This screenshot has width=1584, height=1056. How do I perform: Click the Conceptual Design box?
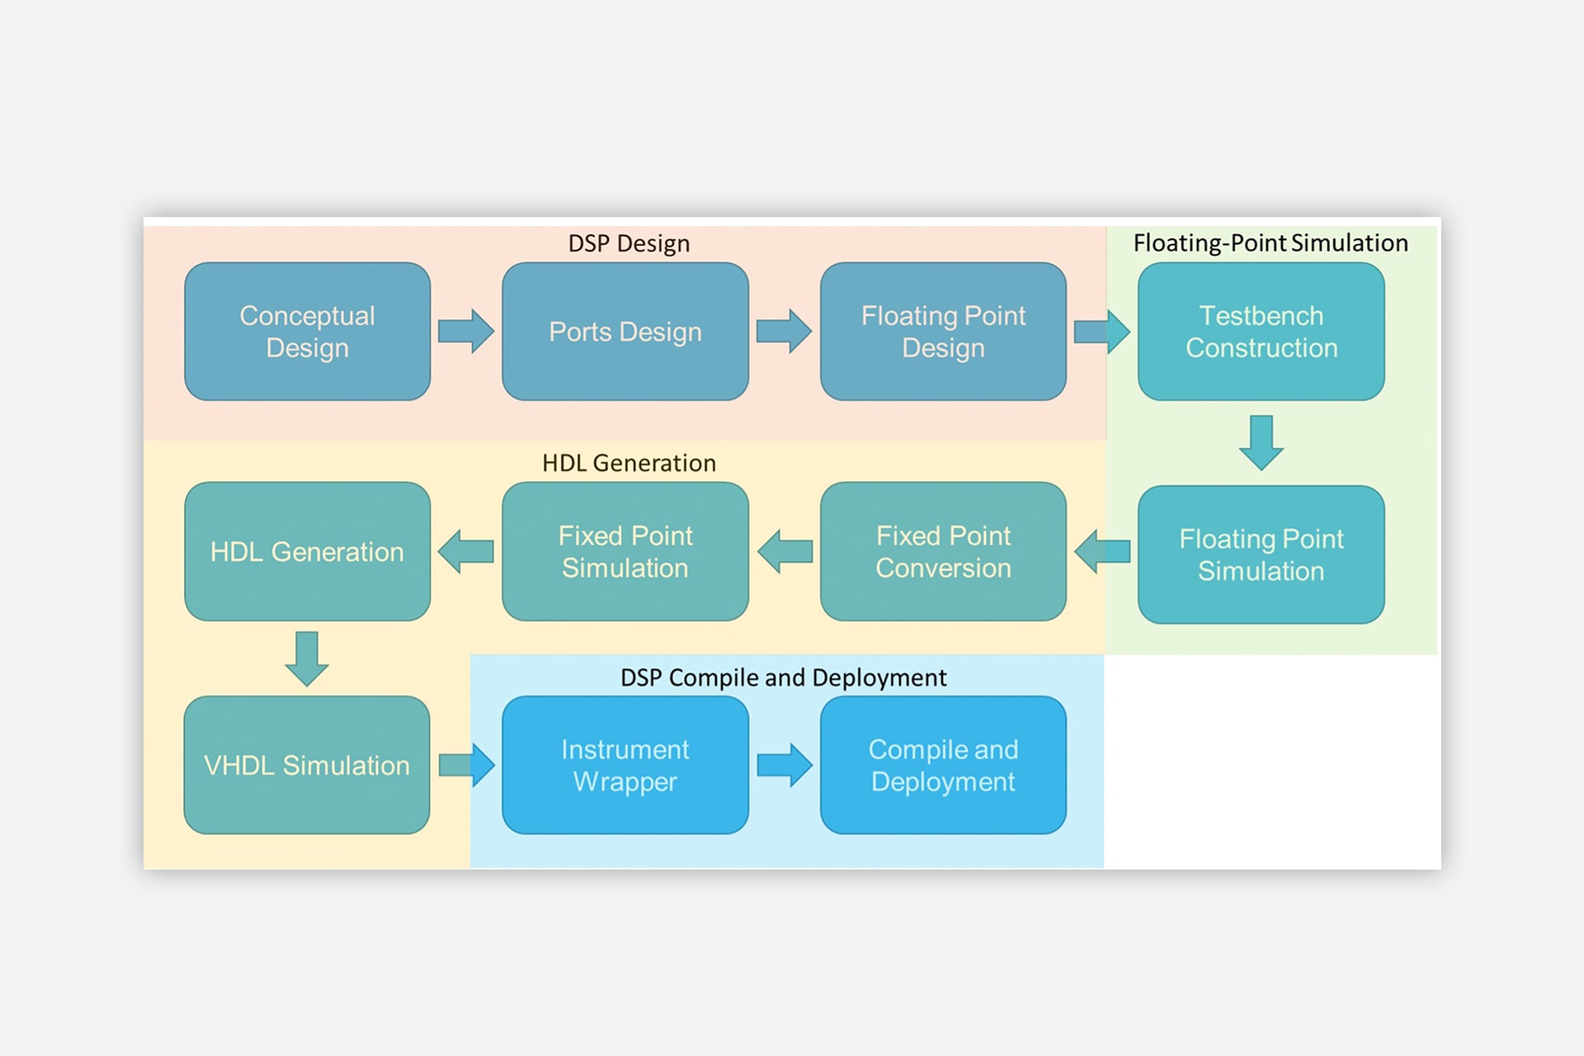(x=307, y=332)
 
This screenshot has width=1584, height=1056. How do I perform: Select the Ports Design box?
(x=625, y=332)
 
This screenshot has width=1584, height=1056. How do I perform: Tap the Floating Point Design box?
(x=943, y=332)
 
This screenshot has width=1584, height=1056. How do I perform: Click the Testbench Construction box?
(x=1261, y=332)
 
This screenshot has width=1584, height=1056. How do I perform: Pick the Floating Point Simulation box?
(x=1261, y=554)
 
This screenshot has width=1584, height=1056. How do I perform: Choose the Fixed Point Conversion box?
(x=943, y=551)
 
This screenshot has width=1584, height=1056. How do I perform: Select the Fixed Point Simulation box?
(x=625, y=551)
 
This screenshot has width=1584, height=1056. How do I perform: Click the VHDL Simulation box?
(x=307, y=765)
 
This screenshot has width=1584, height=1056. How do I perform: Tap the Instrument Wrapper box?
(x=625, y=765)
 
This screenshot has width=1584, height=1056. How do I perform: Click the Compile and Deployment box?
(x=943, y=765)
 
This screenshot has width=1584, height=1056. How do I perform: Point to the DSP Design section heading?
(x=629, y=243)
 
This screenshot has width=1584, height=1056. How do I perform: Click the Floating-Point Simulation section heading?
(x=1270, y=243)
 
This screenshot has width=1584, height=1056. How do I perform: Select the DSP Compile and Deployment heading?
(x=783, y=677)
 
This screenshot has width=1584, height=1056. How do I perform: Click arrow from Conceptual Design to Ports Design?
(x=466, y=332)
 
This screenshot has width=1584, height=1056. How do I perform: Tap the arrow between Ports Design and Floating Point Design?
(x=784, y=332)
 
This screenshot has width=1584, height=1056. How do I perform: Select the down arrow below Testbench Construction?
(x=1261, y=443)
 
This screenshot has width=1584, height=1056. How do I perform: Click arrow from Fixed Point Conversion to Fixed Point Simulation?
(x=785, y=551)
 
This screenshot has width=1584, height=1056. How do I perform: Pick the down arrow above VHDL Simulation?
(x=307, y=658)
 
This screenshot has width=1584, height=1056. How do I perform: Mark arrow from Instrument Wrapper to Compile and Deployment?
(x=784, y=765)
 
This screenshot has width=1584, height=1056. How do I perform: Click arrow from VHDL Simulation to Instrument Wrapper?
(x=466, y=765)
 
